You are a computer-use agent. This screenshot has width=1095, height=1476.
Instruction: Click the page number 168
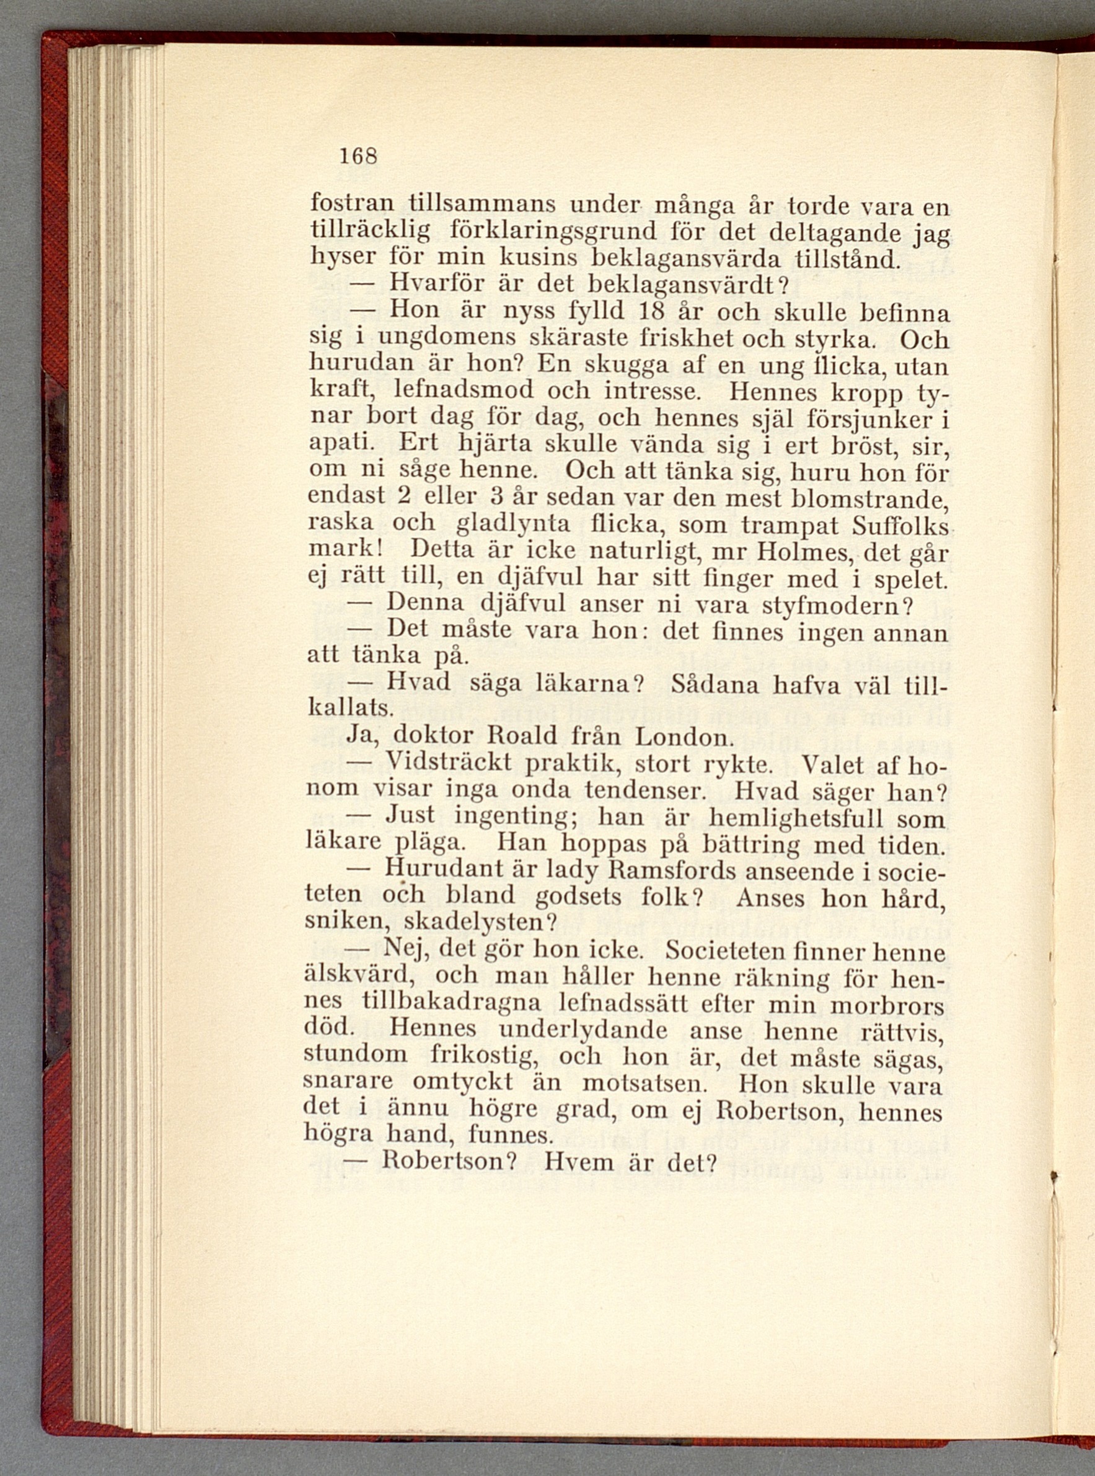358,156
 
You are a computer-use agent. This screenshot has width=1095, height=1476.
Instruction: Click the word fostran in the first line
352,203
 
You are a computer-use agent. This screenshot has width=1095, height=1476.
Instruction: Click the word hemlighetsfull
796,817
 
